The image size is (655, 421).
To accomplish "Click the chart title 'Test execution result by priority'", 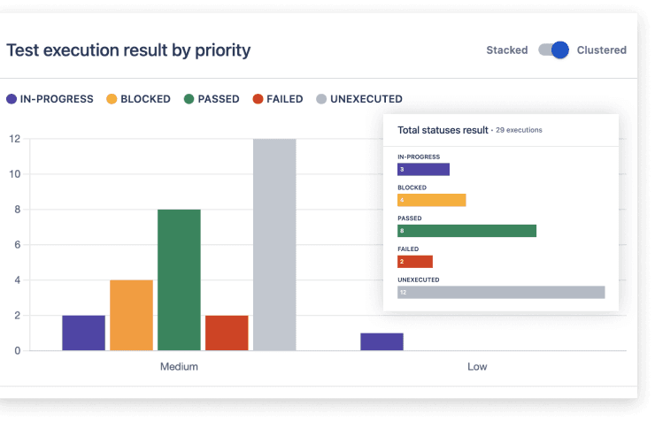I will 128,50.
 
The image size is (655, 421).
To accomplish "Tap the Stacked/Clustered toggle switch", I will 553,50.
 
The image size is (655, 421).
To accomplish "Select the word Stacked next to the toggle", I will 506,50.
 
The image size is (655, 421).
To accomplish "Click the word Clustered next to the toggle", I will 601,50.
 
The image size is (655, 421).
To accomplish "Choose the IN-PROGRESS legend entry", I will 50,99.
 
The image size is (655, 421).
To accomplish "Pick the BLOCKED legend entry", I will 139,99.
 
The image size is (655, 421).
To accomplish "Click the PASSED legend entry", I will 212,99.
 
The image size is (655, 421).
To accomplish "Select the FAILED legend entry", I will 278,99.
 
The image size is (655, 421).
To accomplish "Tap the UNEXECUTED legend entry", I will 359,99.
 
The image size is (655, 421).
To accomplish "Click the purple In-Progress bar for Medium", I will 84,333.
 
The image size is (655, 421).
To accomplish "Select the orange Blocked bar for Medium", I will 131,315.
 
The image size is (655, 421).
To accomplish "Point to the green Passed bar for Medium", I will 179,279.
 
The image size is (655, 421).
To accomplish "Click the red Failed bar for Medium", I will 227,333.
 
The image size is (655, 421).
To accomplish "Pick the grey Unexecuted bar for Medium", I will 274,244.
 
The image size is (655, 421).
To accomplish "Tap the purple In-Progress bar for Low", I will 381,341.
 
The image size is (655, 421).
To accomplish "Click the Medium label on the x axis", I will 179,366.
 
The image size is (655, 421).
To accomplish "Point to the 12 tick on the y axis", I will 14,139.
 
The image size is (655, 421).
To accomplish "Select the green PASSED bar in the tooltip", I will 466,231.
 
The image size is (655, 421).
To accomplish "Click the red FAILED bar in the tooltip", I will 415,262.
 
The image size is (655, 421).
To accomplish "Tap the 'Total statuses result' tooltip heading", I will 443,130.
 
